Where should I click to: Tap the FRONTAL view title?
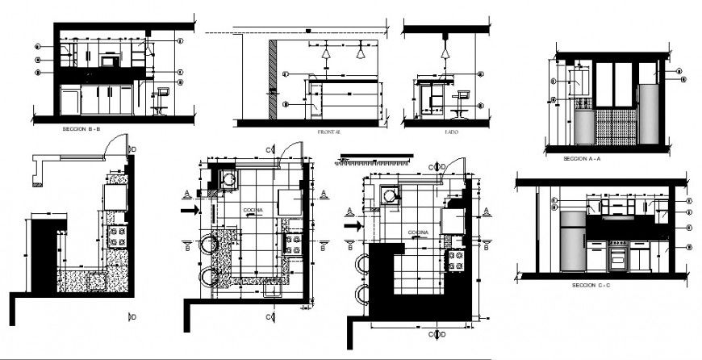330,131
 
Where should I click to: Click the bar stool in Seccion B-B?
161,99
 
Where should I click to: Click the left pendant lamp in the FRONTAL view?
325,53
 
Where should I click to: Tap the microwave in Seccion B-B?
108,60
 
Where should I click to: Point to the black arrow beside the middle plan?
190,210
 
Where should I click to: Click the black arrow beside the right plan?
352,226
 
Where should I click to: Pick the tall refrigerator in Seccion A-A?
648,112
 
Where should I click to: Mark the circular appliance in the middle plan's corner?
228,180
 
